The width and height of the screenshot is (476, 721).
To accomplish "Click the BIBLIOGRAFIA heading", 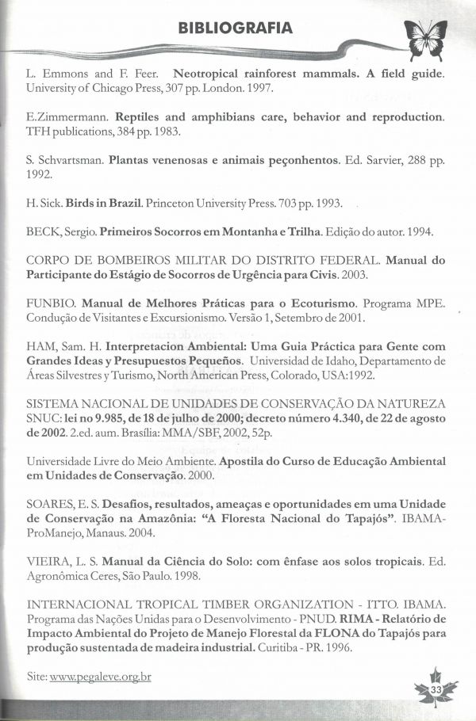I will (x=236, y=29).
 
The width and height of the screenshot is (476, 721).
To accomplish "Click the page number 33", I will (x=436, y=691).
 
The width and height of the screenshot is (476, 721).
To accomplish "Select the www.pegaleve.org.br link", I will (x=100, y=677).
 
